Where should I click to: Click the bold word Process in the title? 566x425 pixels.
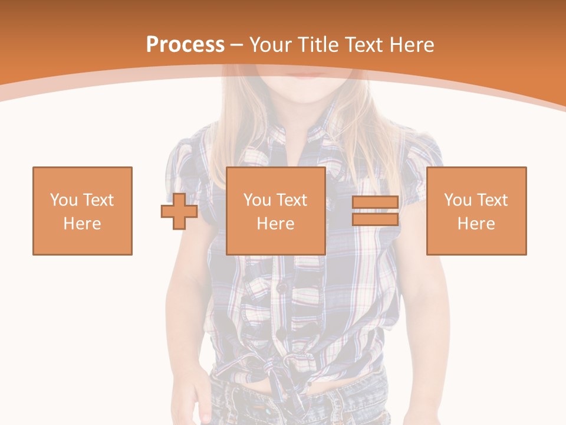click(185, 45)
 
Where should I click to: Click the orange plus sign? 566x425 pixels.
click(179, 211)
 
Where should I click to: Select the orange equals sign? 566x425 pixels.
click(375, 211)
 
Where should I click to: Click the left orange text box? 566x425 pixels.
click(83, 211)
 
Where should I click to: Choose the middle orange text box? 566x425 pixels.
click(276, 211)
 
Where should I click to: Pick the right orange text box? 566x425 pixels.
click(476, 211)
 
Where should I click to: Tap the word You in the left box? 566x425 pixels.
click(62, 200)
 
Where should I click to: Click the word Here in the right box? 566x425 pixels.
click(476, 224)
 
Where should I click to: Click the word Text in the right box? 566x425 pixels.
click(492, 200)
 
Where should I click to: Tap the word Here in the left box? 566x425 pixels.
click(83, 224)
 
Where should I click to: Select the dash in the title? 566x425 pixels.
click(237, 45)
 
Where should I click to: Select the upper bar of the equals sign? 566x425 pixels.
click(375, 202)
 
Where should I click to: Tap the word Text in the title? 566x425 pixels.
click(365, 45)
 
